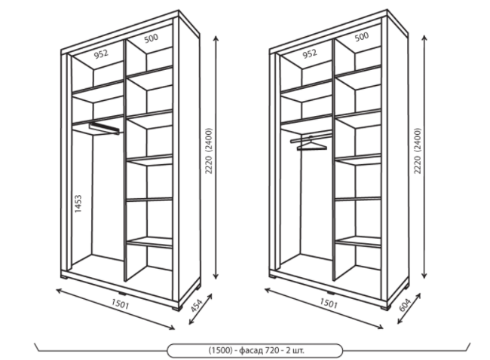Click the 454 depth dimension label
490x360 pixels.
[197, 305]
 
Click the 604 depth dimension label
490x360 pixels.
[406, 304]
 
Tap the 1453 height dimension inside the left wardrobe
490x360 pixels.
[78, 204]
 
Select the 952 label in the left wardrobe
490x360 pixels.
[101, 54]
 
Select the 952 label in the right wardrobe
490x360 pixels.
[310, 53]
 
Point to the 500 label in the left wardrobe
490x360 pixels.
[152, 38]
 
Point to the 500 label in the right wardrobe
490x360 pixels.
[362, 37]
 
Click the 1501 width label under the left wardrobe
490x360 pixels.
[120, 304]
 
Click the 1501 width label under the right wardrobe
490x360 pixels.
[329, 303]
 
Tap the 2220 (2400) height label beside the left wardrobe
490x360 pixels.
[208, 151]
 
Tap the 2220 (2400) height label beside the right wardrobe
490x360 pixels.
[418, 151]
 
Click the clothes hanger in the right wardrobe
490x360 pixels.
[311, 144]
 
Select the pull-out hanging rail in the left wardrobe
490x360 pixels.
[104, 128]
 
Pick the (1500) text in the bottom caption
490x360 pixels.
[221, 350]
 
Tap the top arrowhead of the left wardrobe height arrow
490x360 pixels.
[216, 38]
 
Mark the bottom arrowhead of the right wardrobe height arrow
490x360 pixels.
[424, 276]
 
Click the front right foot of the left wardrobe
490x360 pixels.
[177, 308]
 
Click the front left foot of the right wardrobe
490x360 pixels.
[272, 276]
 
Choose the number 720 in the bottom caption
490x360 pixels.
[272, 350]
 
